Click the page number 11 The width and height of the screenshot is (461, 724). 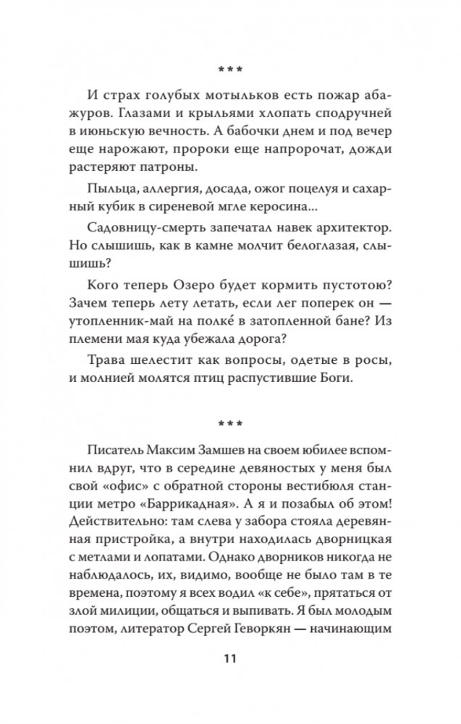(229, 659)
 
